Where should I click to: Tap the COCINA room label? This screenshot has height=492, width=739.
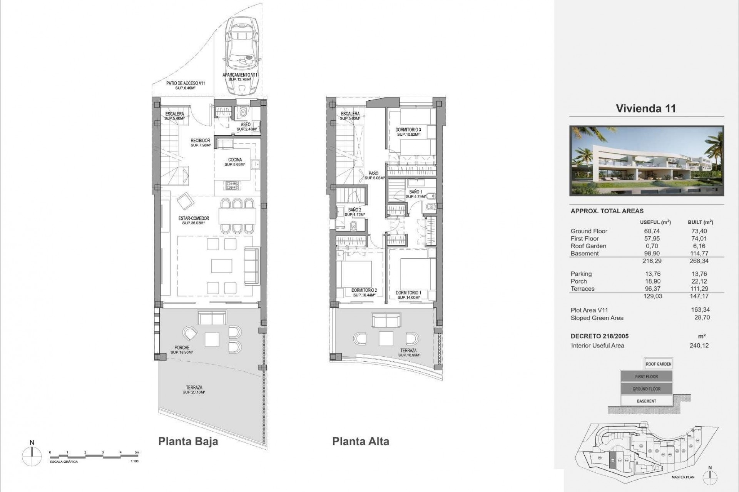[x=235, y=160]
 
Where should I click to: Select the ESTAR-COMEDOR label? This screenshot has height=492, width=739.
[x=194, y=219]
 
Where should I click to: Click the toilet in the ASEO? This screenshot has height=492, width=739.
[x=242, y=112]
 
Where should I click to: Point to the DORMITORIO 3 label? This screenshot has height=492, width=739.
[x=408, y=130]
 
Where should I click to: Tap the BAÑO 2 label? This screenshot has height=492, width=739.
[x=354, y=210]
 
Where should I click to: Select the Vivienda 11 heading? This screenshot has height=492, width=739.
[x=646, y=108]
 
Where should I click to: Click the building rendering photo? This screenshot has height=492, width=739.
[x=647, y=161]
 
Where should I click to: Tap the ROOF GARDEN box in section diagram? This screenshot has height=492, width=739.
[x=659, y=364]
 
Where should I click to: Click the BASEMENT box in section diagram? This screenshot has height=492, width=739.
[x=646, y=401]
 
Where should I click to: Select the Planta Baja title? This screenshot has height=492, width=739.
[x=188, y=441]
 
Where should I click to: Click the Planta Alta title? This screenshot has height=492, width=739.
[x=361, y=441]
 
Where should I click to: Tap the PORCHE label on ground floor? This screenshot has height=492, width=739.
[x=182, y=348]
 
